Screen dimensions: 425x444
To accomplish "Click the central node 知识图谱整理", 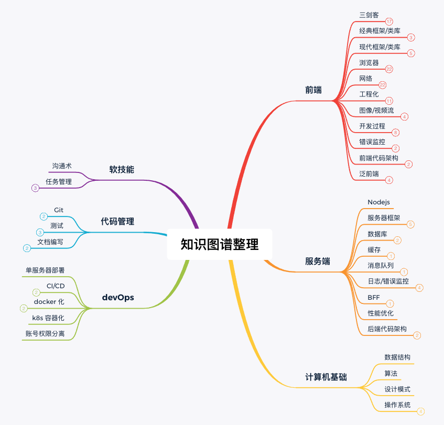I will (x=220, y=244).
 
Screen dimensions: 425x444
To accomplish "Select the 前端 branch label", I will (x=313, y=90).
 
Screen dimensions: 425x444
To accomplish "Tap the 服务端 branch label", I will (x=318, y=261).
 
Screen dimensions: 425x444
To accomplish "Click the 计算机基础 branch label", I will (x=326, y=377).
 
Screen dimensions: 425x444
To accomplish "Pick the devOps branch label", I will (x=118, y=298).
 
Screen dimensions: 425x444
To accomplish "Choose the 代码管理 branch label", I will (x=117, y=221).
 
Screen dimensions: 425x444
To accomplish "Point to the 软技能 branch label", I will (x=122, y=169).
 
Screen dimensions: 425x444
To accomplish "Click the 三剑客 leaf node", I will (x=369, y=15).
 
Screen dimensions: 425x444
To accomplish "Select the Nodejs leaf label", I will (x=378, y=202).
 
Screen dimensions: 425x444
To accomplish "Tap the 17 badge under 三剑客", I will (x=389, y=22).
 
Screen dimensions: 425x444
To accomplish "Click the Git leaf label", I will (x=59, y=210).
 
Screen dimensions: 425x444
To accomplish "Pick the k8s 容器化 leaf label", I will (x=48, y=318).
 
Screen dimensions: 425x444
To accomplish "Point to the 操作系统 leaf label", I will (x=397, y=405).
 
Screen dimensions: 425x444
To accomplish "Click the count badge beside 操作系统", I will (x=420, y=412).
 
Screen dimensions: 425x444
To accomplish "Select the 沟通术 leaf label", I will (x=62, y=166).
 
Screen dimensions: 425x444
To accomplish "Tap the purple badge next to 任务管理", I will (x=35, y=188).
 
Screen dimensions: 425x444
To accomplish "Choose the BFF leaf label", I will (x=374, y=297).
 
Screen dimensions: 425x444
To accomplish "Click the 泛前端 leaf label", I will (x=369, y=173).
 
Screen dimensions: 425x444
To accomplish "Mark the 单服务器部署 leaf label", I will (x=49, y=270).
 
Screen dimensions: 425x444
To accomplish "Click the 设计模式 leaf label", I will (x=397, y=389).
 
